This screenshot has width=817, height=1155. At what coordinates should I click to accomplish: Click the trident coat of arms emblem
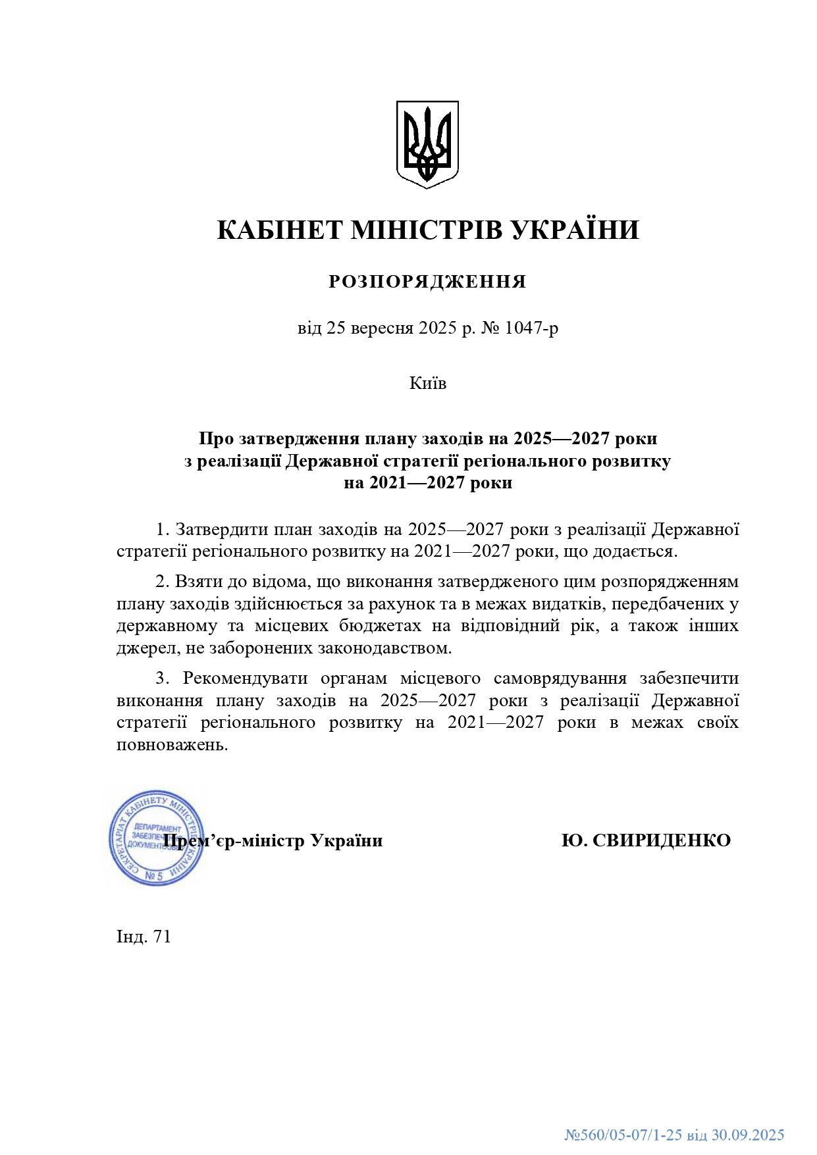pos(427,144)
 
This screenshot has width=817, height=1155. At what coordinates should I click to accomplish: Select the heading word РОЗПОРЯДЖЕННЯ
pos(427,282)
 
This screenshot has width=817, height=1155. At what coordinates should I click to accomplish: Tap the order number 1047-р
pos(531,328)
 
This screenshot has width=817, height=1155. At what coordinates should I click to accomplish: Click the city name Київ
pos(427,383)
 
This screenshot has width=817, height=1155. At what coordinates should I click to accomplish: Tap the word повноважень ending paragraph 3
pos(172,745)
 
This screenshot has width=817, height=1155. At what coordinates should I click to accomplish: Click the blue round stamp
pos(155,838)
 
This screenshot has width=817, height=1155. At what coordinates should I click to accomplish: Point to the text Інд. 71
pos(144,937)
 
